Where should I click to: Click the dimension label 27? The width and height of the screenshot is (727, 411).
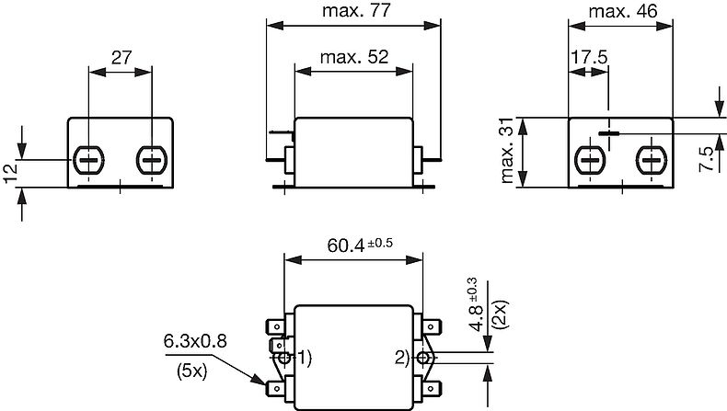tap(120, 56)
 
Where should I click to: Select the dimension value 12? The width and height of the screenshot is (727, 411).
tap(12, 173)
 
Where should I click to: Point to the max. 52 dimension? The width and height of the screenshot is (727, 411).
tap(353, 56)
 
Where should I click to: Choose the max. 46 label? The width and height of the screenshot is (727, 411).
tap(624, 12)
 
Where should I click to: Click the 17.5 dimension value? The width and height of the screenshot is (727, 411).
tap(589, 56)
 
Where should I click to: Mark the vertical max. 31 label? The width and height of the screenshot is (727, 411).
tap(505, 152)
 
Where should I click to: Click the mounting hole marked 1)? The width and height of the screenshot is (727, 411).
tap(284, 358)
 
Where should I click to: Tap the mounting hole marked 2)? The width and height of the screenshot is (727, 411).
tap(422, 358)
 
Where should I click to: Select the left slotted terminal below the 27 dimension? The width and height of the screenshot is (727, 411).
tap(89, 160)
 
